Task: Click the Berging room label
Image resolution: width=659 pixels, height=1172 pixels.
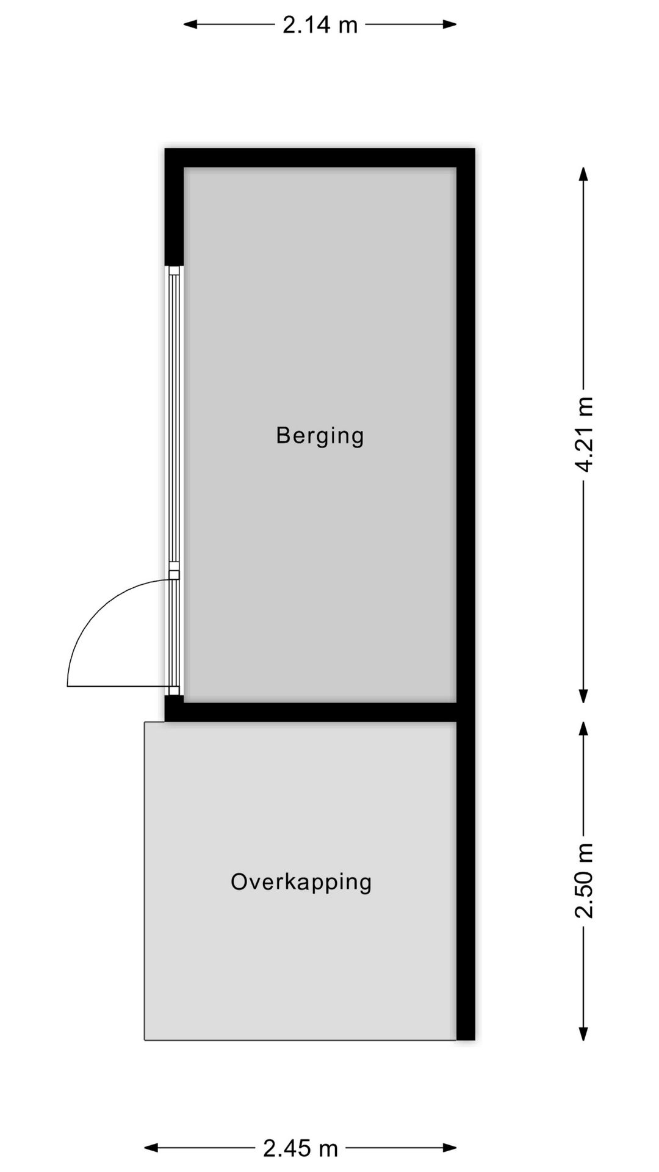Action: point(320,436)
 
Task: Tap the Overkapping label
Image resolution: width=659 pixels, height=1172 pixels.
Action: point(301,882)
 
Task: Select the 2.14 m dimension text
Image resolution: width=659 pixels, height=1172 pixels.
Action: point(320,25)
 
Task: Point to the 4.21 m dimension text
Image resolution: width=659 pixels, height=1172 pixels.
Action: point(584,434)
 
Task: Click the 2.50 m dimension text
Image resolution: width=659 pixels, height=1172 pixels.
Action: point(584,880)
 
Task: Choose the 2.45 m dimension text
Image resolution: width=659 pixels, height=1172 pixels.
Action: point(300,1148)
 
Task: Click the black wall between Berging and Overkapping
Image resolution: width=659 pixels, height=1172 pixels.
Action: point(317,712)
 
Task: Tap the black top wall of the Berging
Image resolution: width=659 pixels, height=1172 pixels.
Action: point(320,157)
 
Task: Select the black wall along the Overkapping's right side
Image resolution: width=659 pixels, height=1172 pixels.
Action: point(466,879)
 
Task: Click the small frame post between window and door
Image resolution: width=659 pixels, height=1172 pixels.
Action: point(175,574)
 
